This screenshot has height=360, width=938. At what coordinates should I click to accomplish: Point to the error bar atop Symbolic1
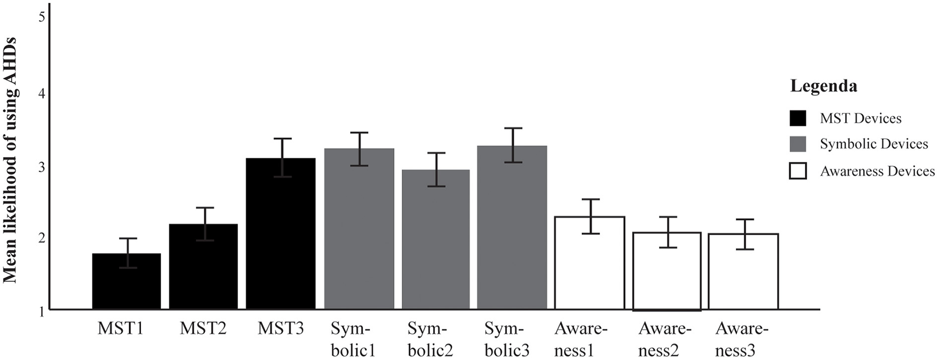coord(359,149)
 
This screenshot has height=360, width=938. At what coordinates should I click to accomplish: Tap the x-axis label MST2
coord(203,329)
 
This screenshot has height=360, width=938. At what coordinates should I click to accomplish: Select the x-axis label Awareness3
coord(741,339)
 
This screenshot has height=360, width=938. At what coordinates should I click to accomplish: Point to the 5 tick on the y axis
coord(41,17)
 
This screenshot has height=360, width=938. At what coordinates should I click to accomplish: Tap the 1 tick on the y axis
coord(41,312)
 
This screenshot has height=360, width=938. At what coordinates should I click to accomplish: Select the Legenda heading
coord(823,86)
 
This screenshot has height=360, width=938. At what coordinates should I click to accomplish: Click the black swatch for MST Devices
coord(797,118)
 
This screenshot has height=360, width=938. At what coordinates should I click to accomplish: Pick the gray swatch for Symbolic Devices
coord(797,144)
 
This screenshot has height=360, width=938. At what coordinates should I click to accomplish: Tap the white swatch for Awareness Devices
coord(797,171)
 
